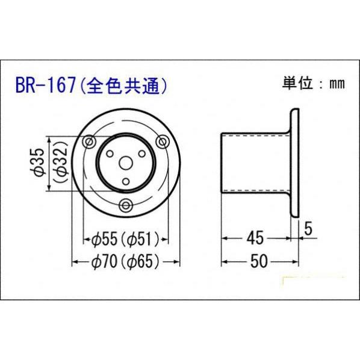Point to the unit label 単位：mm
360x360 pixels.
[313, 84]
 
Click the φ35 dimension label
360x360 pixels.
[37, 164]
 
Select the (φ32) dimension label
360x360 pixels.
[59, 164]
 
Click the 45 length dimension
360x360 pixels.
[256, 238]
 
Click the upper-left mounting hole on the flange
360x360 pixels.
[89, 141]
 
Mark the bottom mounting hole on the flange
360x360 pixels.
[125, 205]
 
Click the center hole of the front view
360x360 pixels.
[125, 163]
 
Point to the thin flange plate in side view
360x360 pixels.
[295, 163]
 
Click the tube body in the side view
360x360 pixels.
[256, 163]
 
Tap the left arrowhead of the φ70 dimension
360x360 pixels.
[75, 262]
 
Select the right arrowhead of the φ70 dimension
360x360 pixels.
[177, 262]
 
